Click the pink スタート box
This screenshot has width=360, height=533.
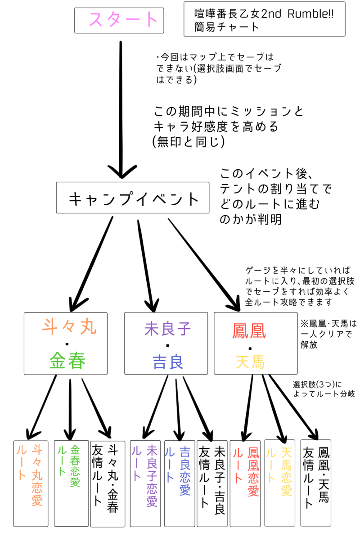(x=124, y=20)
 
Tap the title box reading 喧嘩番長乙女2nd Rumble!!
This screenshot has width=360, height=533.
(x=265, y=19)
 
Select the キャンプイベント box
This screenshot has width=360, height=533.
(x=133, y=198)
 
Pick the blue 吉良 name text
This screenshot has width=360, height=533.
(x=167, y=361)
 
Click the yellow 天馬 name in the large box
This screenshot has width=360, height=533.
(x=249, y=361)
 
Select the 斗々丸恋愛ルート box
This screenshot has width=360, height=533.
(x=31, y=483)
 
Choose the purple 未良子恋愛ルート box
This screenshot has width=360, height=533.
(x=146, y=483)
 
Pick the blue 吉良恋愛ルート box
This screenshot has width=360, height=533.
(x=179, y=483)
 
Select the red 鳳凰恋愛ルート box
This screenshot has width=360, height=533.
(x=246, y=483)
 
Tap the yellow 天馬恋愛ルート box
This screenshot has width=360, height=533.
(x=279, y=483)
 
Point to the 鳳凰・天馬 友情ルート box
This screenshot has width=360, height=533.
(x=315, y=483)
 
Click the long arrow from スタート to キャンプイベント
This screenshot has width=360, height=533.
(x=121, y=108)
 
